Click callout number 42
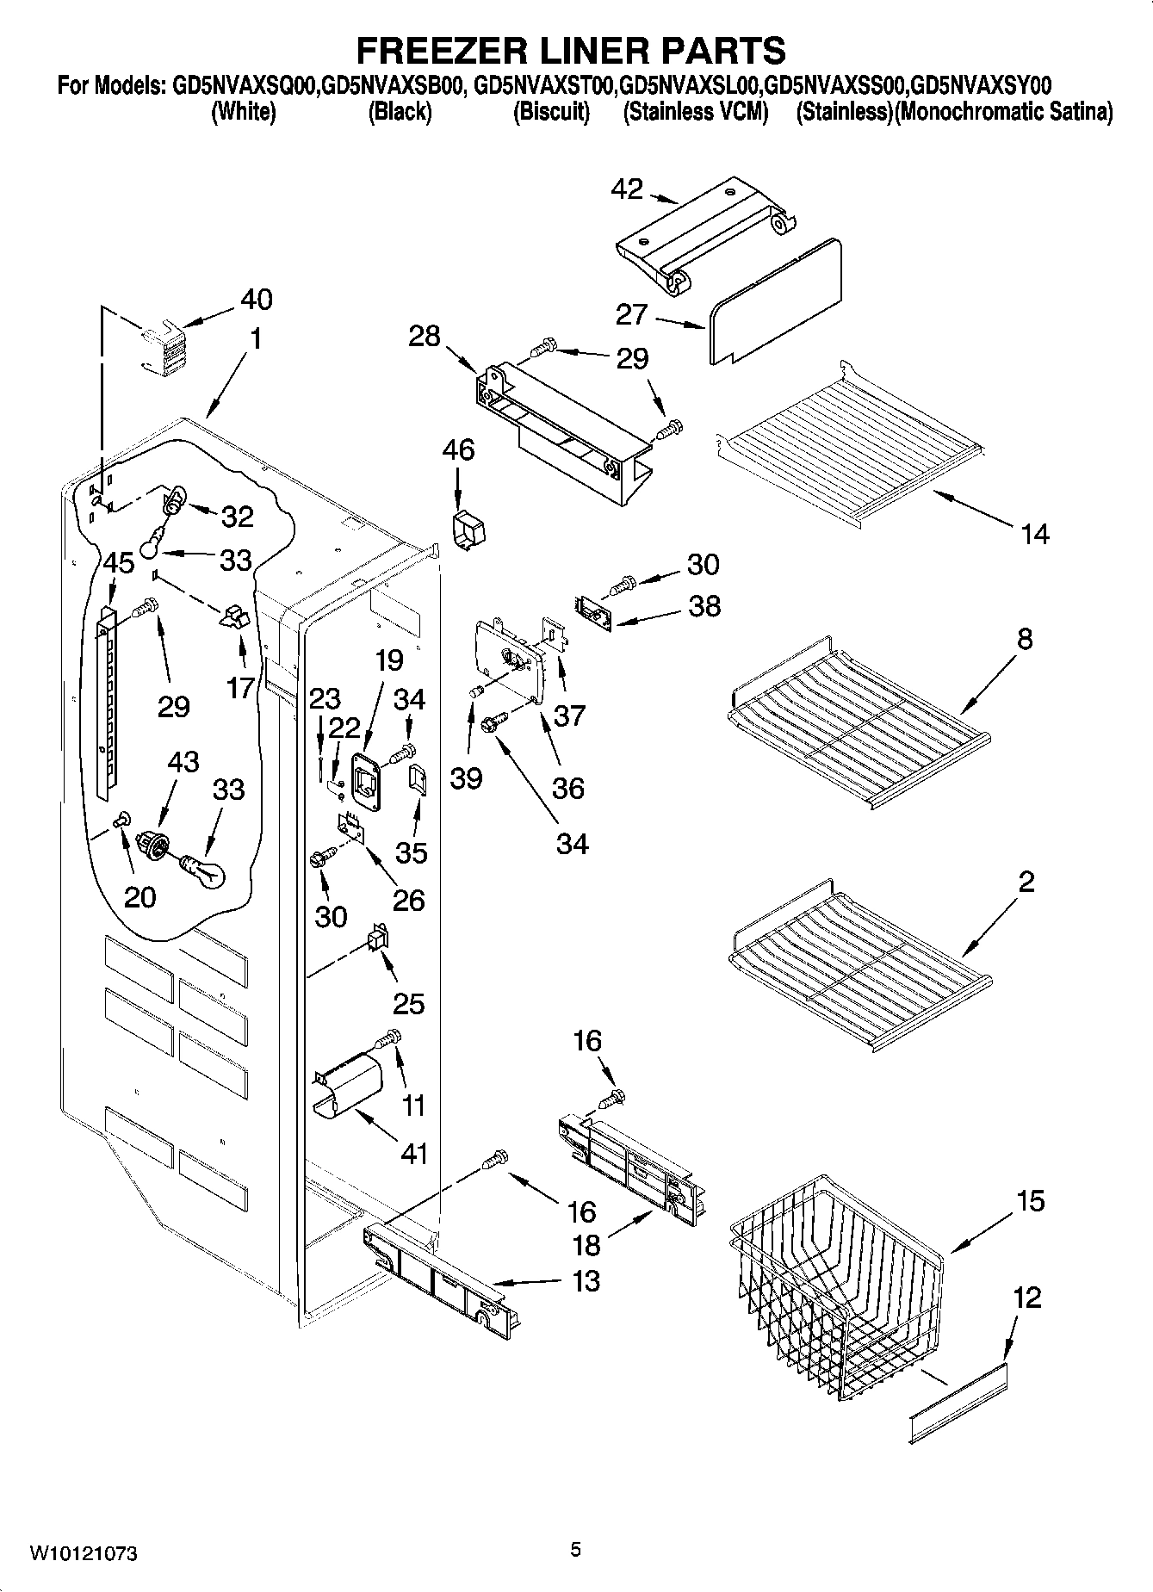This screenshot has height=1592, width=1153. coord(626,189)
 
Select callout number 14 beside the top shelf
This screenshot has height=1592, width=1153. coord(1035,535)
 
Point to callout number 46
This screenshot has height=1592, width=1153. coord(458,449)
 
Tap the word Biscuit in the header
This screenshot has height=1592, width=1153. coord(551,112)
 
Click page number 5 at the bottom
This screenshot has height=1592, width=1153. coord(575,1550)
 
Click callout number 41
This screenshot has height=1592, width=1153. coord(414,1153)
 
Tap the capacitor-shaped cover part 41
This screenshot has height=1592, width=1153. coord(347,1087)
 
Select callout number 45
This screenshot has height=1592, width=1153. coord(119,563)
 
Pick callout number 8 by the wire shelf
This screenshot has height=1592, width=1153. coord(1024,639)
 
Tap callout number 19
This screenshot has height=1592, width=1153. coord(389,660)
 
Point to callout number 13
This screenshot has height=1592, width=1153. coord(586,1280)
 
